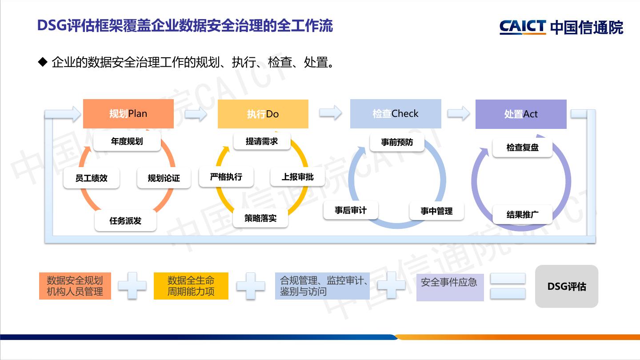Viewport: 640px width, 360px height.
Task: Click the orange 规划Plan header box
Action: pyautogui.click(x=128, y=114)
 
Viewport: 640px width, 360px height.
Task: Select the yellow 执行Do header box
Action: pyautogui.click(x=263, y=114)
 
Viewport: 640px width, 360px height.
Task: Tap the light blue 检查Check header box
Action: pyautogui.click(x=396, y=114)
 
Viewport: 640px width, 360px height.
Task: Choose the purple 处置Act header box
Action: pyautogui.click(x=521, y=114)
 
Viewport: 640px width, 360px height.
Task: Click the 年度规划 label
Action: pyautogui.click(x=127, y=142)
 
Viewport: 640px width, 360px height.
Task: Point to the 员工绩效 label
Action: pyautogui.click(x=92, y=178)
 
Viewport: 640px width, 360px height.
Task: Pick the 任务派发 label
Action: pyautogui.click(x=125, y=221)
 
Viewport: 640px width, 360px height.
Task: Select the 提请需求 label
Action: pyautogui.click(x=262, y=141)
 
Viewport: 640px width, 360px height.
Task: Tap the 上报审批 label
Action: pyautogui.click(x=297, y=177)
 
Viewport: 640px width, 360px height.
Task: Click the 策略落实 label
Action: pyautogui.click(x=260, y=218)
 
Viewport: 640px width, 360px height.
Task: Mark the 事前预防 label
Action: pyautogui.click(x=397, y=142)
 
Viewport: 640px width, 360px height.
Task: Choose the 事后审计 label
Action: pyautogui.click(x=351, y=210)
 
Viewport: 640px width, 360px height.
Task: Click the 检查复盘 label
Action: pyautogui.click(x=522, y=148)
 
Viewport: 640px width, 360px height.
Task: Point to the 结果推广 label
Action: pyautogui.click(x=522, y=215)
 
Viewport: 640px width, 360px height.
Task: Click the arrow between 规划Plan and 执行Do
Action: pyautogui.click(x=196, y=114)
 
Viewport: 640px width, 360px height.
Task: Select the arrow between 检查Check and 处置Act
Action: pyautogui.click(x=458, y=113)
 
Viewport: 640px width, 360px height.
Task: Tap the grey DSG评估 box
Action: pyautogui.click(x=567, y=287)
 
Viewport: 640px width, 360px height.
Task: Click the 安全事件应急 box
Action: pyautogui.click(x=450, y=287)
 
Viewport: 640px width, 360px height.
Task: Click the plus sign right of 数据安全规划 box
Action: pyautogui.click(x=132, y=285)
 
